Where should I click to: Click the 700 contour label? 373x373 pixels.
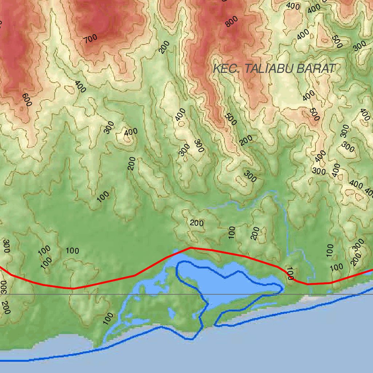coord(90,38)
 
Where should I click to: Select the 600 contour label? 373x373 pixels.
coord(27,100)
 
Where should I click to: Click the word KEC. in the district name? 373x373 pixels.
coord(226,68)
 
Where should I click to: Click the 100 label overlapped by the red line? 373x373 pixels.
coord(290,273)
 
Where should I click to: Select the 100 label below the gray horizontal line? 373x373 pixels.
coord(108,318)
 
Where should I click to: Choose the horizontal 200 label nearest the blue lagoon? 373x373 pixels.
coord(197,223)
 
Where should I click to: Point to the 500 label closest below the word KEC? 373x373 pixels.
coord(231,119)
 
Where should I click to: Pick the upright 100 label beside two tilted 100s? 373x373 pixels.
coord(72,251)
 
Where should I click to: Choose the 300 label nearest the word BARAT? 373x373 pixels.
coord(360,46)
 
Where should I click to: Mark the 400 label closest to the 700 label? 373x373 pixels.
coord(80,86)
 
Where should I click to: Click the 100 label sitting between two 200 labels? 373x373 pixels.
coord(232,232)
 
